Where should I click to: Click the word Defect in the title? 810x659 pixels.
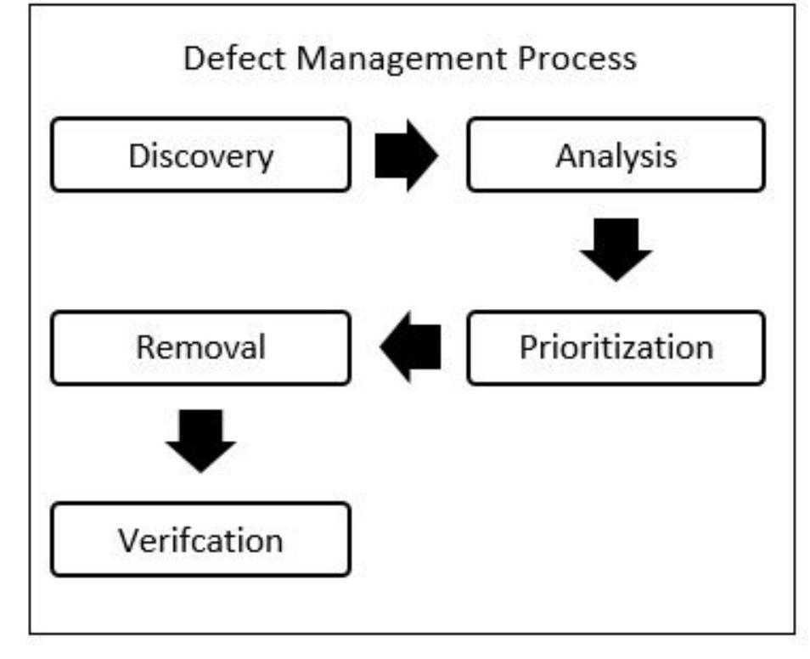coord(220,59)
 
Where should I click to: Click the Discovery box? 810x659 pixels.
coord(200,155)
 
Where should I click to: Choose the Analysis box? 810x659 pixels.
coord(616,155)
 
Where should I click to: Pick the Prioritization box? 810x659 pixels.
coord(616,347)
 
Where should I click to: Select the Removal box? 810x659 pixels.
coord(200,347)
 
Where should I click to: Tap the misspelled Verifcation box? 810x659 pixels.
coord(200,539)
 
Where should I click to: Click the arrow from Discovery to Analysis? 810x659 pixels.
coord(407,155)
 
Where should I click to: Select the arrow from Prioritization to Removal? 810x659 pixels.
coord(410,346)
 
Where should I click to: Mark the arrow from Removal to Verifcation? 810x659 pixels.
coord(201,441)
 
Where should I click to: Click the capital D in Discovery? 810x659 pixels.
coord(138,155)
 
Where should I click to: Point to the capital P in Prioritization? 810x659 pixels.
coord(527,347)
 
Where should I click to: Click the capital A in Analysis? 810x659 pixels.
coord(566,155)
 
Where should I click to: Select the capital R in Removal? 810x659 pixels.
coord(145,347)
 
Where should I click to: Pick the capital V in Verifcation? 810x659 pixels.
coord(127,540)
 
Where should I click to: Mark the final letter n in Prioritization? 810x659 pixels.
coord(704,348)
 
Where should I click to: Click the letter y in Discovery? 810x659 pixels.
coord(267,159)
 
